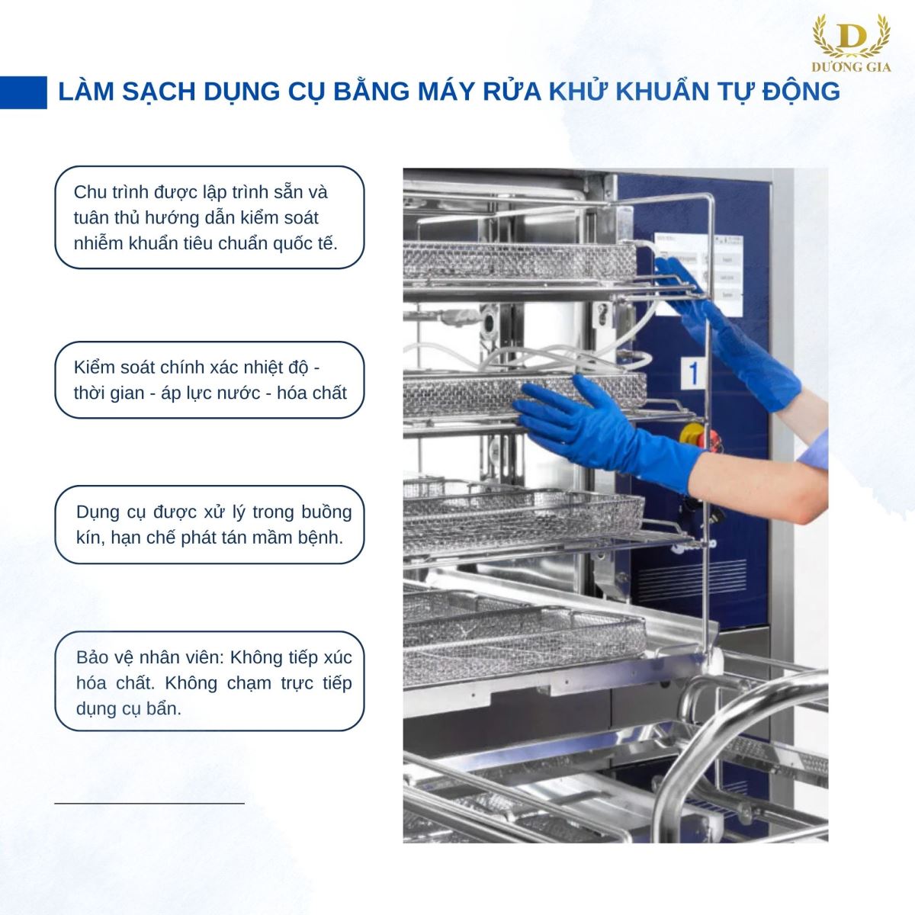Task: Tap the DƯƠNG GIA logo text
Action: point(851,67)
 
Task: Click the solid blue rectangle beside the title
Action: point(24,92)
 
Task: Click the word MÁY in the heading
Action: point(446,91)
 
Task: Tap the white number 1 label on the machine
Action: point(694,374)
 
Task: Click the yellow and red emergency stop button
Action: point(695,435)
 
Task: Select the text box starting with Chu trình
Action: point(210,217)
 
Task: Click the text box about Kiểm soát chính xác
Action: point(210,380)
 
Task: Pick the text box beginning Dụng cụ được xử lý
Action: point(210,525)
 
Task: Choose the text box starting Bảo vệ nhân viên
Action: point(210,682)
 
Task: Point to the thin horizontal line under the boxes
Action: point(149,803)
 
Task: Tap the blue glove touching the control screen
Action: point(726,333)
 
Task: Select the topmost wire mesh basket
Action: point(519,261)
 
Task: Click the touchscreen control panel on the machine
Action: point(698,274)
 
